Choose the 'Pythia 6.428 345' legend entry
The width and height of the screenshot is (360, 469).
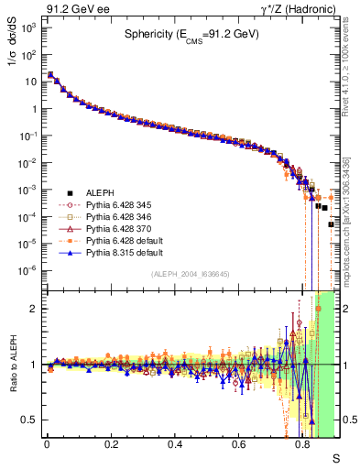tap(115, 205)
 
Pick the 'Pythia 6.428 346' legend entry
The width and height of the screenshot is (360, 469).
tap(115, 219)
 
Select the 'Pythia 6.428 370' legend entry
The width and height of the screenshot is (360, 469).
tap(115, 233)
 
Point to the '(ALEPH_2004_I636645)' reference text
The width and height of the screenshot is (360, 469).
tap(190, 276)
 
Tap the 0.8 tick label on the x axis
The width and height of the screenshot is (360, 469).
tap(303, 444)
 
